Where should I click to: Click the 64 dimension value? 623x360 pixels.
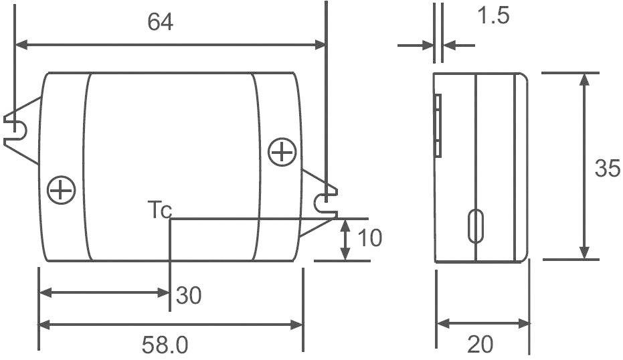pos(161,22)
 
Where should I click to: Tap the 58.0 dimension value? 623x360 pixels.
pos(165,345)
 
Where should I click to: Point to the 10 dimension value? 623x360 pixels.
pos(369,238)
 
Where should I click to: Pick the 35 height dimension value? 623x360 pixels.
pos(607,169)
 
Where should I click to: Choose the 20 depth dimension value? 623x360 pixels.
pos(480,345)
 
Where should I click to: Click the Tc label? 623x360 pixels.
pos(159,211)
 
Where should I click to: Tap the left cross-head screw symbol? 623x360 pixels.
pos(62,190)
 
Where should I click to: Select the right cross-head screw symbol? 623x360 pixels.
pos(282,153)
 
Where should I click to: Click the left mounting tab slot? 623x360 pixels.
pos(16,126)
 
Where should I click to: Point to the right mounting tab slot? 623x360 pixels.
pos(324,200)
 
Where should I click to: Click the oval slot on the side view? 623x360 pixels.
pos(476,226)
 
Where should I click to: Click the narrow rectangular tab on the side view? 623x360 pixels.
pos(438,125)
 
